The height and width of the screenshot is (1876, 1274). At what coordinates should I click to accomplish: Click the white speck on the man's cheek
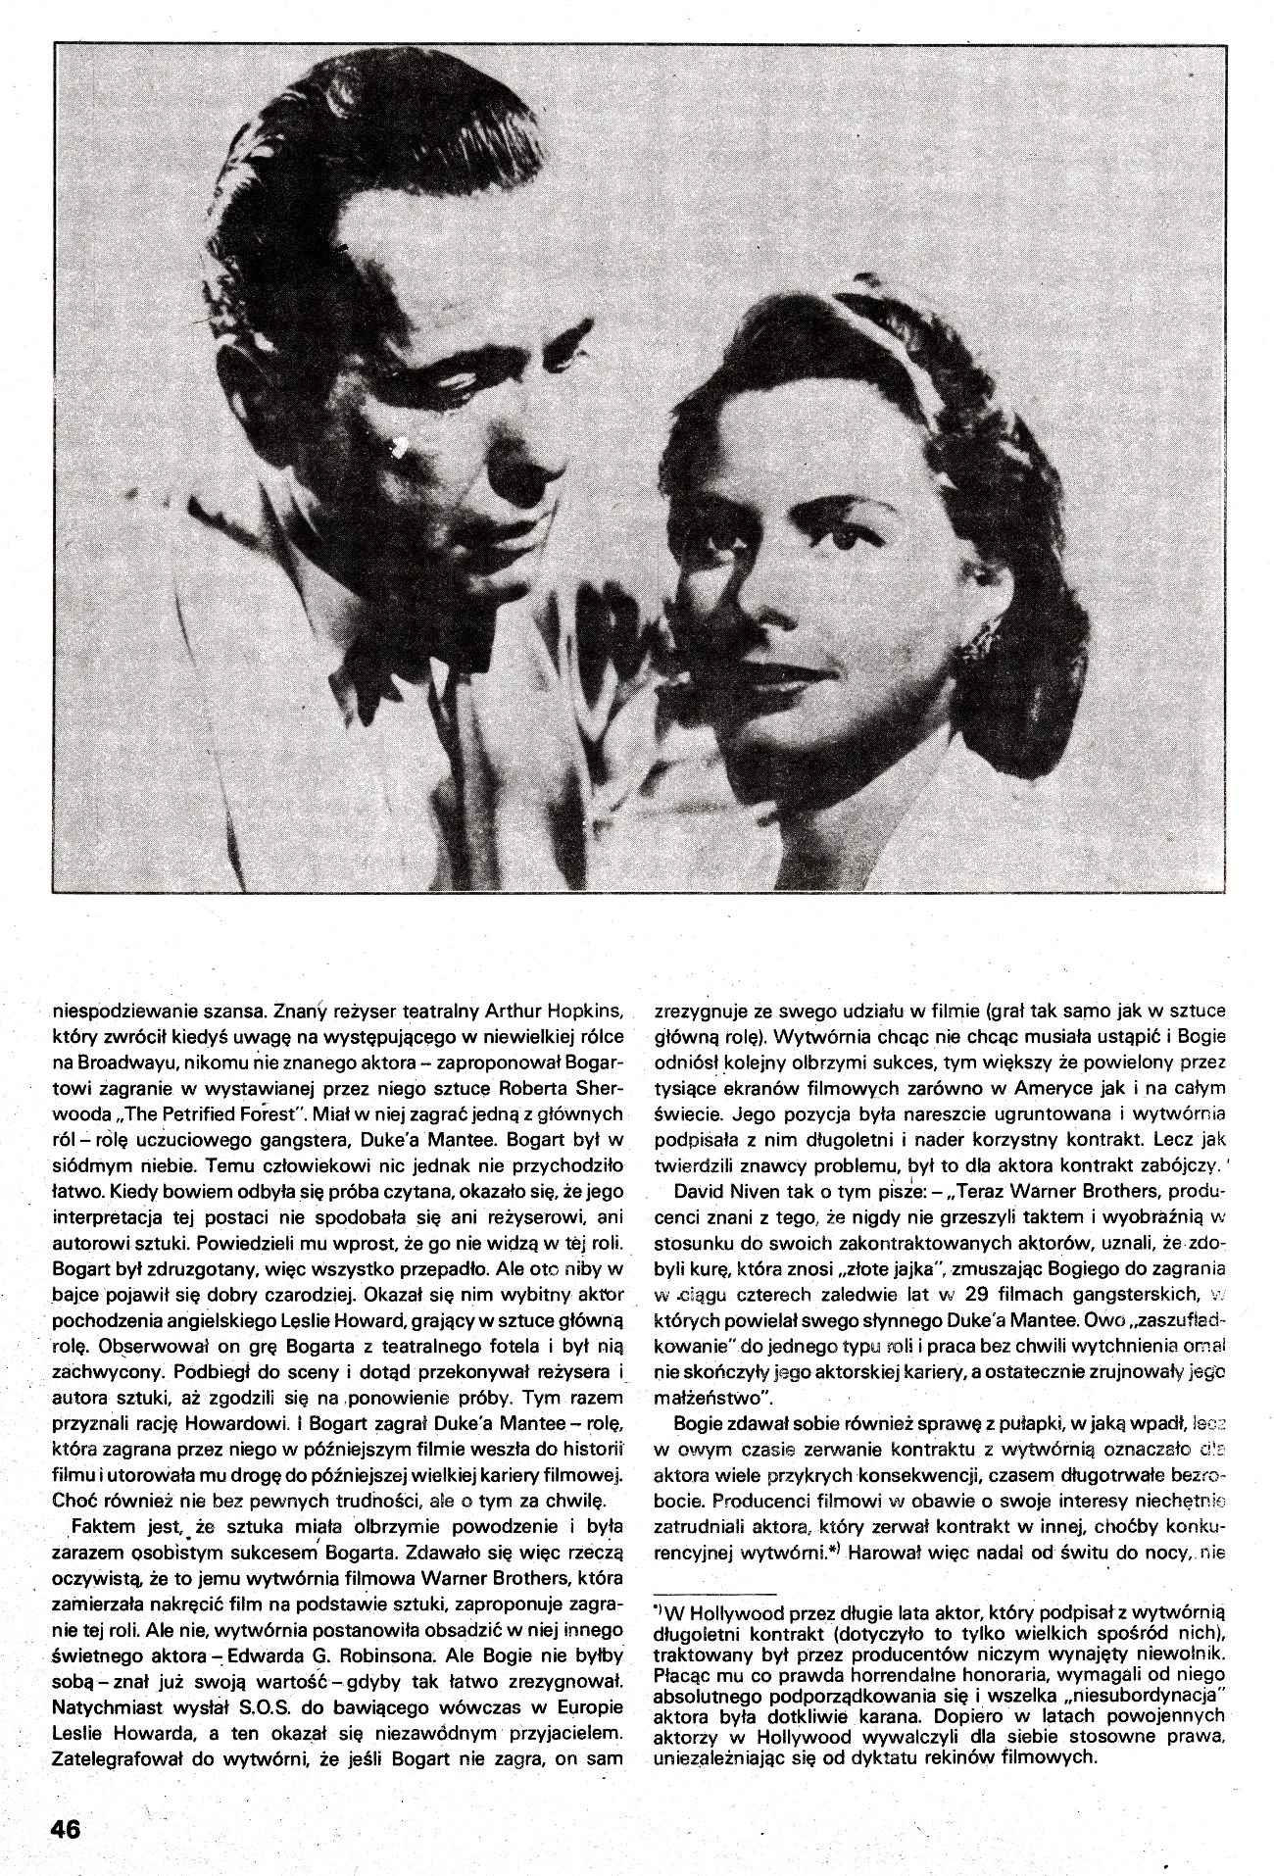399,449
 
